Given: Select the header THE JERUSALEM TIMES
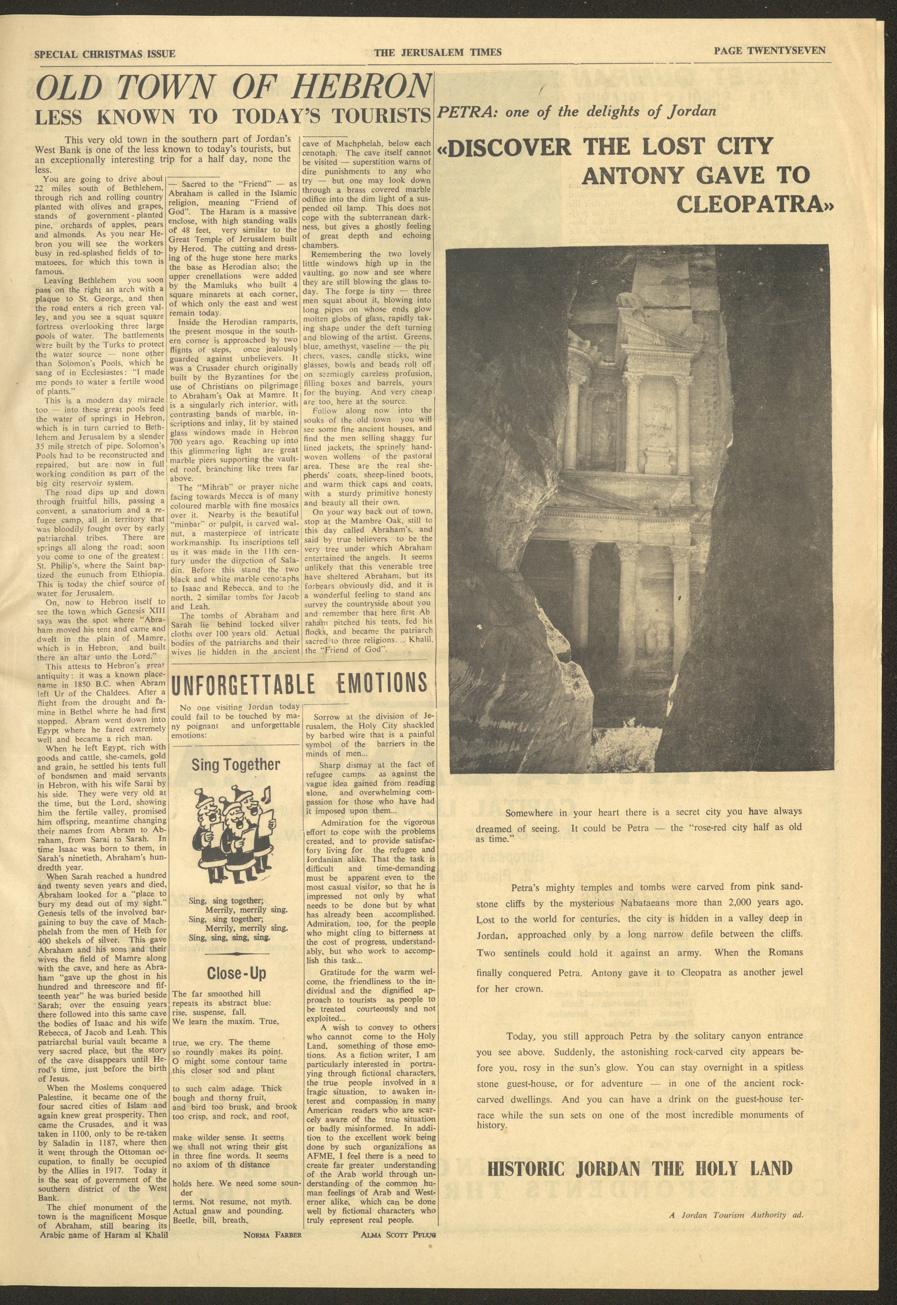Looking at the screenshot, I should (438, 53).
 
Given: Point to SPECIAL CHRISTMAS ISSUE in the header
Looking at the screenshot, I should (105, 54).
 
